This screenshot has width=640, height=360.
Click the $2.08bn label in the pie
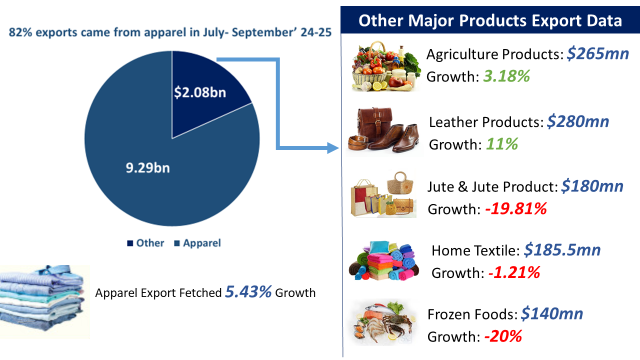click(200, 94)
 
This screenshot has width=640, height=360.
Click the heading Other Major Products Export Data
click(485, 19)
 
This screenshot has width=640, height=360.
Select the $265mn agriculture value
click(597, 54)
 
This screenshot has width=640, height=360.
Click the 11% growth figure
click(501, 144)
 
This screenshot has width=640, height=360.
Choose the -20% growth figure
click(503, 337)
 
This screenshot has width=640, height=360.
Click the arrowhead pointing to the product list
click(336, 150)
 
